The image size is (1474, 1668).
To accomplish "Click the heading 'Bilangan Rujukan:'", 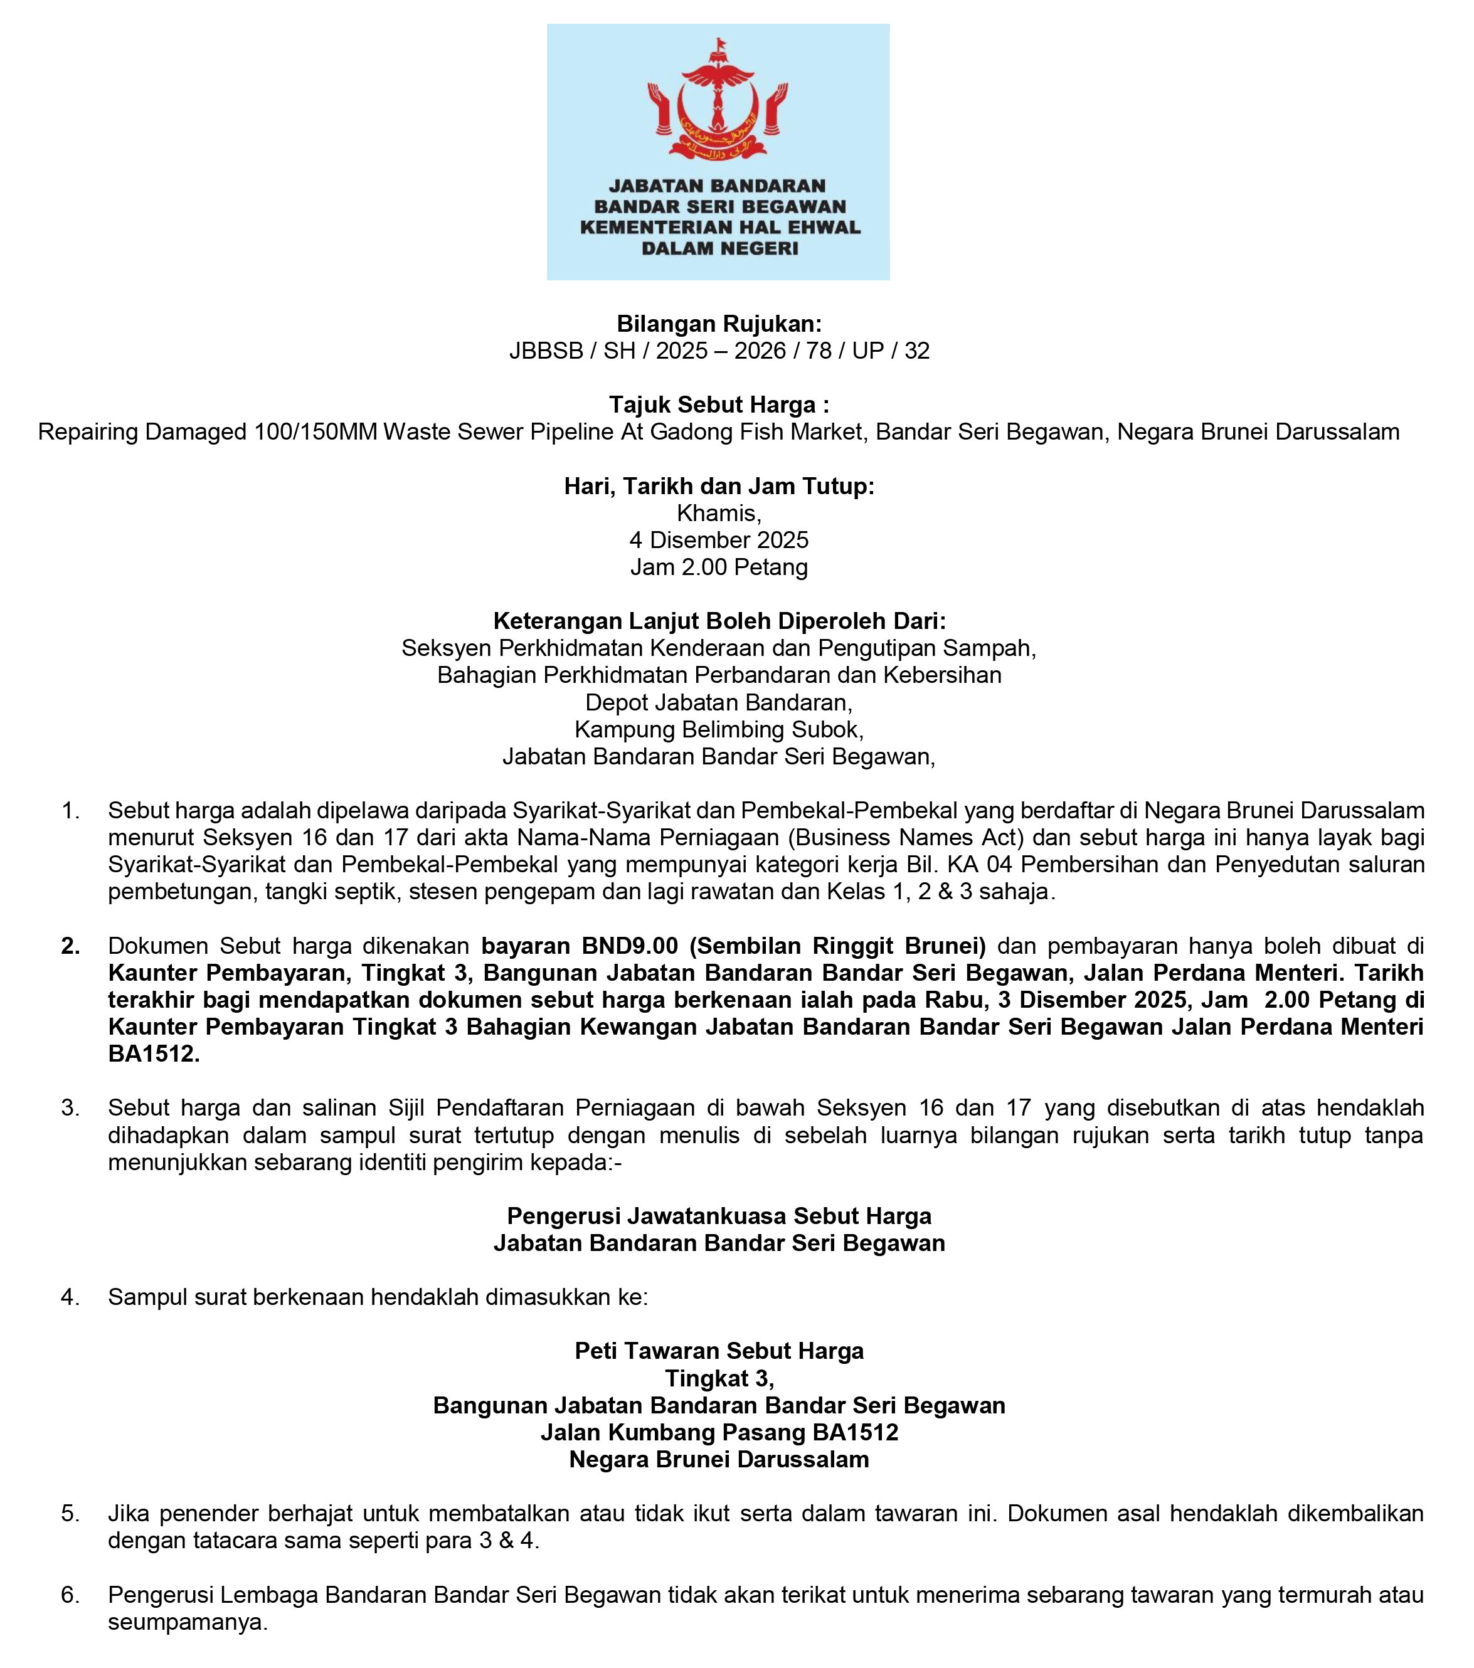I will [x=719, y=324].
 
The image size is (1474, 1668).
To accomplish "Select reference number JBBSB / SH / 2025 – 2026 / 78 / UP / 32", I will [x=719, y=351].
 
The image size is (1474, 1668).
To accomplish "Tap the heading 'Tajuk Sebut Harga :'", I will [x=719, y=404].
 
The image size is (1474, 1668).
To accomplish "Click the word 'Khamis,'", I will [x=719, y=514].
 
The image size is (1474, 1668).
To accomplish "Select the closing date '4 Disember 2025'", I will [x=719, y=541].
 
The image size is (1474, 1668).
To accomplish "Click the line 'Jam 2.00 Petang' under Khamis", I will [x=719, y=567].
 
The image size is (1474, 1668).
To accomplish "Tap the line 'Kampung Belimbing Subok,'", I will [x=719, y=729].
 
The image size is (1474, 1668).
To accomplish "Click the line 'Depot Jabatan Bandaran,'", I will [x=719, y=702].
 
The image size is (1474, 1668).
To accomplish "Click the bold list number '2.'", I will [x=71, y=946].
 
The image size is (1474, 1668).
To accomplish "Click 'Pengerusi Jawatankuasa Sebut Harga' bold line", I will [x=719, y=1216].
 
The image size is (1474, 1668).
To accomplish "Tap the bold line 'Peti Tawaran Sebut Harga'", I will [x=719, y=1351].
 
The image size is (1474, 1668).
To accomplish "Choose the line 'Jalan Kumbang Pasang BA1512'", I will [x=719, y=1432].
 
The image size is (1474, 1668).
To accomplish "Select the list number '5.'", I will [x=71, y=1514].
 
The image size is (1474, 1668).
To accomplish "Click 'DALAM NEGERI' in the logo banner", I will [x=719, y=249].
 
